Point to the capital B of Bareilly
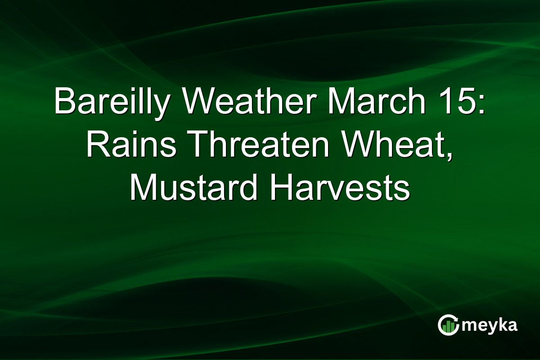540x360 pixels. [63, 102]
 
